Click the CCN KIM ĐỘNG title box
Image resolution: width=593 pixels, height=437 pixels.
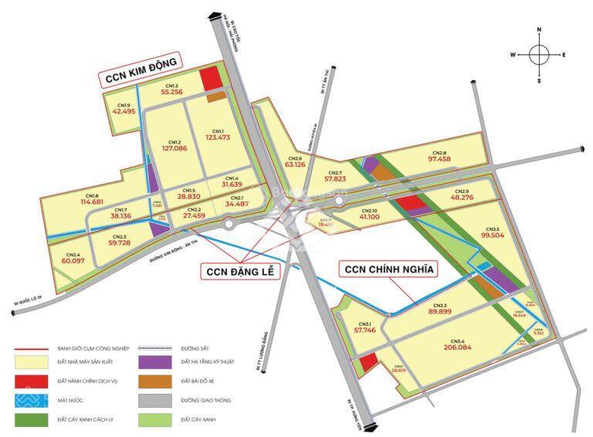140,69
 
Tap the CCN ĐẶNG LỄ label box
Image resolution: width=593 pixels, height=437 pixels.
239,272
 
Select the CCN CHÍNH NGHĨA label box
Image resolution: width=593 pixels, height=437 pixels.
388,269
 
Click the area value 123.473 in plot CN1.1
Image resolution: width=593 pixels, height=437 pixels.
219,137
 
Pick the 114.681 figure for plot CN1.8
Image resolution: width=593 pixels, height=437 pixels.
92,203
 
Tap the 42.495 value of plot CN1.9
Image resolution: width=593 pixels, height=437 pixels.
124,111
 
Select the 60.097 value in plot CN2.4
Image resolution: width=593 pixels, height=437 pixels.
73,261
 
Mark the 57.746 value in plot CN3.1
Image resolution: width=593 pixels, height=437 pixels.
364,330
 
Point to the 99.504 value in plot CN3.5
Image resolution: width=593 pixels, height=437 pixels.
492,235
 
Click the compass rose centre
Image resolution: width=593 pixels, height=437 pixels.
539,55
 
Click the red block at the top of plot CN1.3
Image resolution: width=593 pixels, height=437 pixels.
210,80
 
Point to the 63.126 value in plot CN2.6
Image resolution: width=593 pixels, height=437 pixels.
295,164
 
